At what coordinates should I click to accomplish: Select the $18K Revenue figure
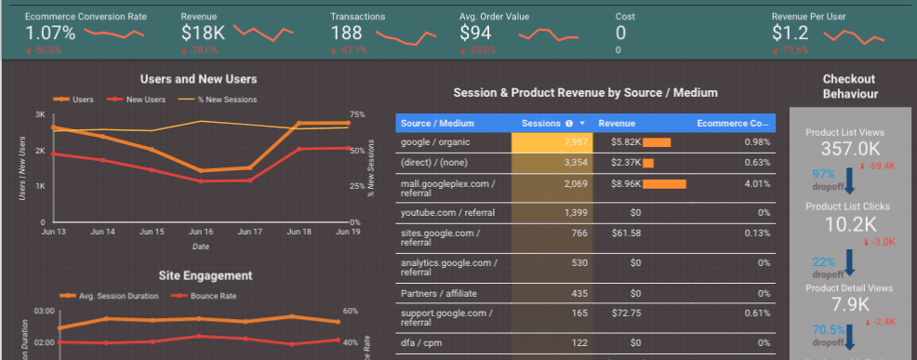(204, 33)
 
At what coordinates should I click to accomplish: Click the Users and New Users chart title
(198, 79)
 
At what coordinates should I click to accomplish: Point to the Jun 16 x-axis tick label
(201, 231)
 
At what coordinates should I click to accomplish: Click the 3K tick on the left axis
(40, 114)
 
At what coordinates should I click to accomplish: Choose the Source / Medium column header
(432, 123)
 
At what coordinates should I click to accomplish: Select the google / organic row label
(435, 142)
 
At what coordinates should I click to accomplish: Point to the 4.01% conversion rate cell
(756, 184)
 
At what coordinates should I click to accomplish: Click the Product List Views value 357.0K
(844, 148)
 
